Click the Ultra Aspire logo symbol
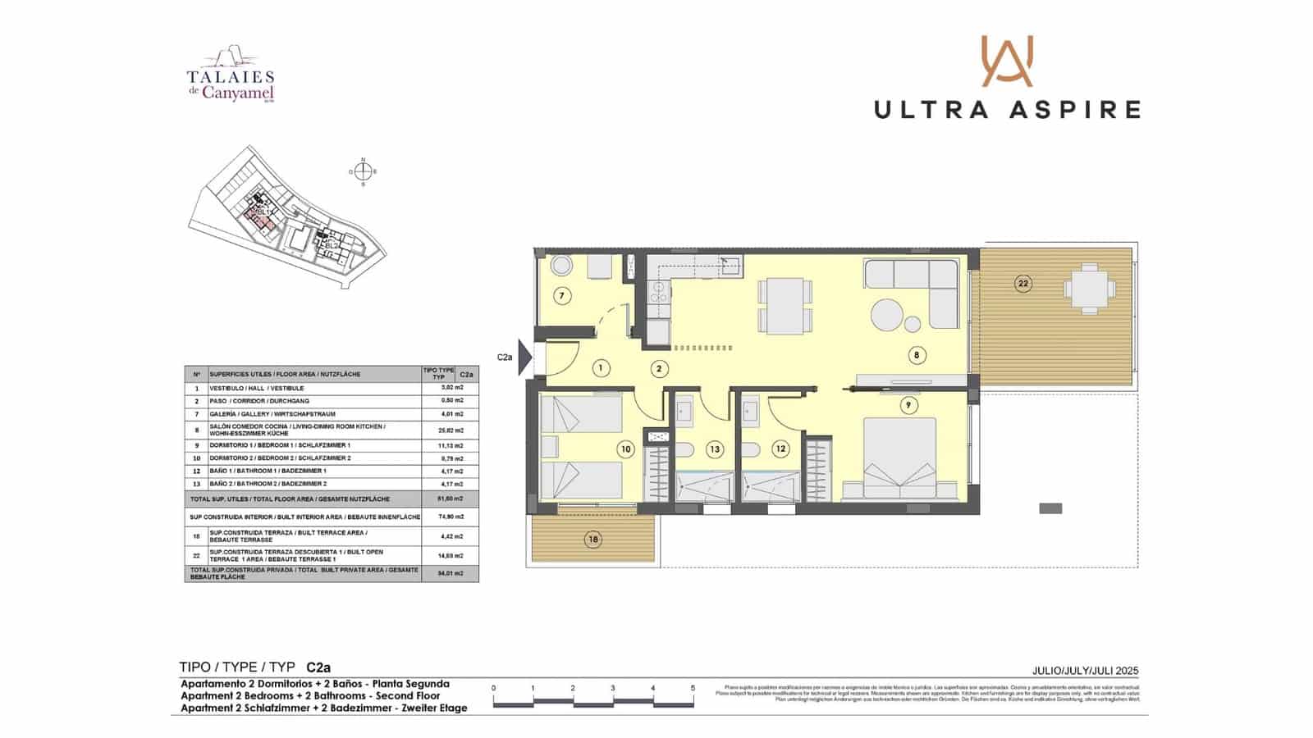(x=1007, y=61)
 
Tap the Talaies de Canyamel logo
(x=231, y=75)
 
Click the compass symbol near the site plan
(x=363, y=172)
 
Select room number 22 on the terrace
(x=1022, y=284)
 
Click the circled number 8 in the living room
(x=917, y=355)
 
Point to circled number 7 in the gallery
(x=562, y=296)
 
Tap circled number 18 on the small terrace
(x=592, y=539)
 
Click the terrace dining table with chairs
(x=1089, y=288)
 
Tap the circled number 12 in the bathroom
(x=780, y=449)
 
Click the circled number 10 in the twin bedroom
(x=627, y=449)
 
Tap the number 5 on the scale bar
(x=693, y=689)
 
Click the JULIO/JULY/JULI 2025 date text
(x=1085, y=671)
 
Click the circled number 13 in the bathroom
(x=715, y=449)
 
